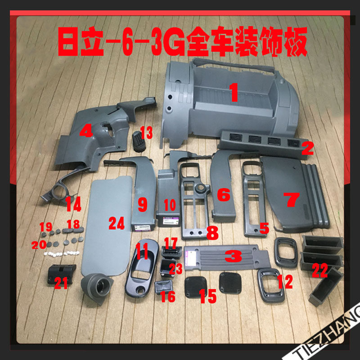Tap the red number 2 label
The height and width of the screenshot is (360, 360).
pos(307,148)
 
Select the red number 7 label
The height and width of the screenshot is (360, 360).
pos(292,199)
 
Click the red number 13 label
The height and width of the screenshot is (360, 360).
pos(146,133)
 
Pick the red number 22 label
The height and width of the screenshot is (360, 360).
pos(320,270)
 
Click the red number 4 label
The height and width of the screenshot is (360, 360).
pos(86,131)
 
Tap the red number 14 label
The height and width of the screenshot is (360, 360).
pos(73,204)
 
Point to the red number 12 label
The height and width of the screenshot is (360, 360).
pos(285,281)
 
